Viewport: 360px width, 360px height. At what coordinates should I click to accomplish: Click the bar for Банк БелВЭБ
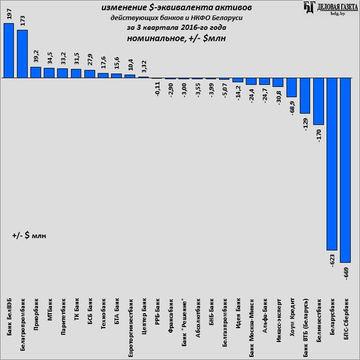[x=9, y=51]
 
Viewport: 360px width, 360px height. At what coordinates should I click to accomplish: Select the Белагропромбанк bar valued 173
[x=22, y=54]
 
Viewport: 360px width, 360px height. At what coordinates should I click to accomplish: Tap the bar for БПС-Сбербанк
[x=345, y=170]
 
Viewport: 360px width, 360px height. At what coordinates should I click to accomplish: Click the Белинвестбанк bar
[x=318, y=101]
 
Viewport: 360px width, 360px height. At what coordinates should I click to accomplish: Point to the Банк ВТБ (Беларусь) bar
[x=305, y=96]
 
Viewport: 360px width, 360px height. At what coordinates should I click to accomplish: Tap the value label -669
[x=346, y=274]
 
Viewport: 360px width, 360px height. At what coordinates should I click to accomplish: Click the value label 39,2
[x=35, y=56]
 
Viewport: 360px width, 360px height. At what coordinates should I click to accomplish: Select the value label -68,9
[x=292, y=109]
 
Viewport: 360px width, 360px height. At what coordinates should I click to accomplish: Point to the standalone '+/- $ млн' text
[x=29, y=236]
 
